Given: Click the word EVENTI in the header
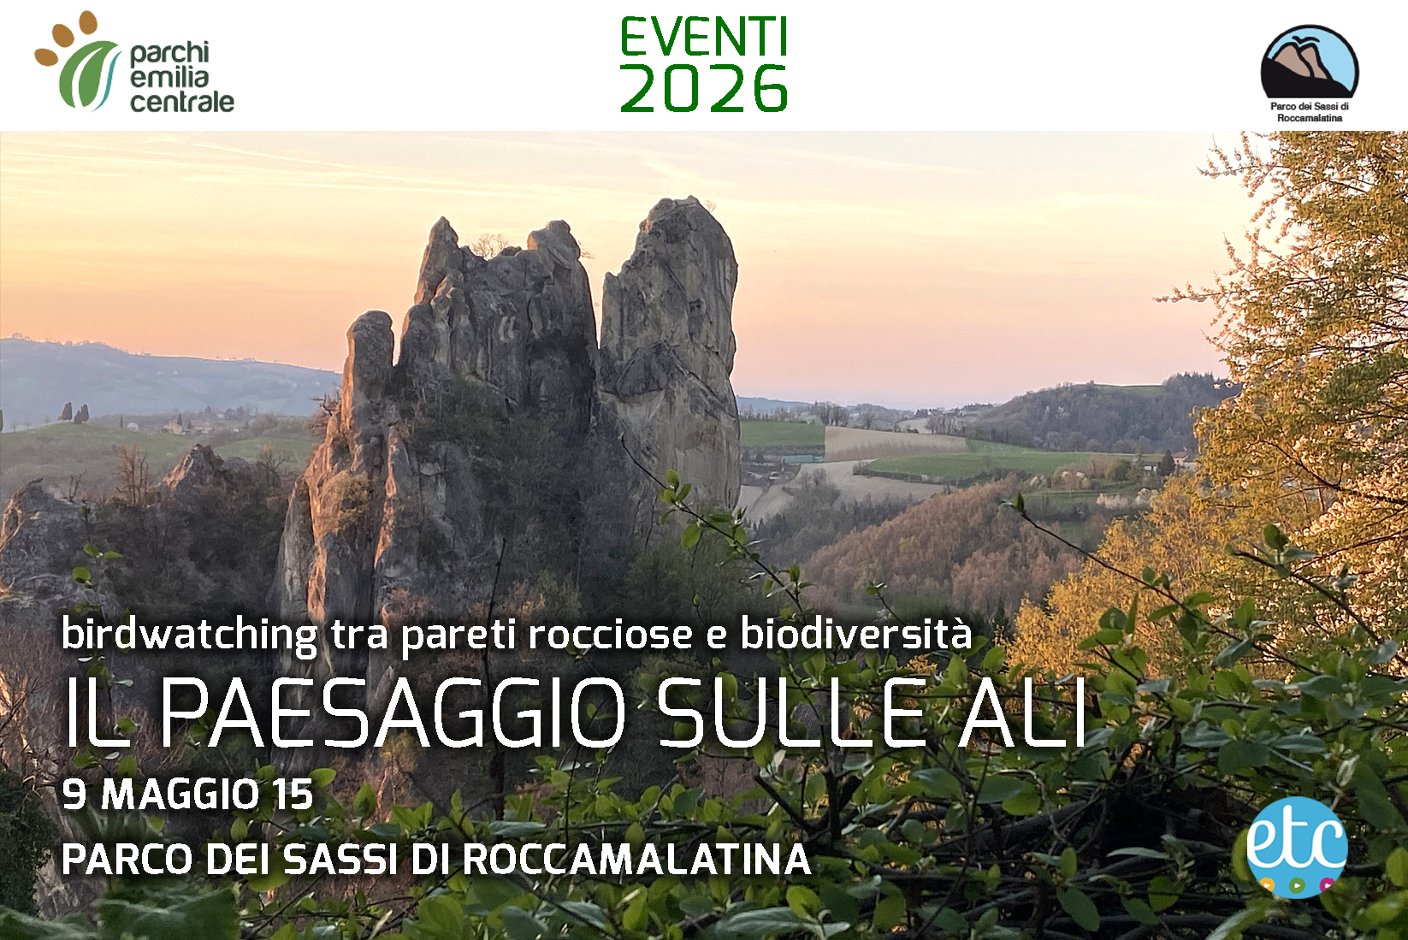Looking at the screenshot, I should pos(703,38).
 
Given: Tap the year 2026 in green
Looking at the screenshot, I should pos(703,89).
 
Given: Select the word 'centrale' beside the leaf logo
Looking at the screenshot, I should pos(181,102).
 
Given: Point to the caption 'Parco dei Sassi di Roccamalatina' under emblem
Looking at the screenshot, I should pos(1309,112).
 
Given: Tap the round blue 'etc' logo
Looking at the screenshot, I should pos(1297,847).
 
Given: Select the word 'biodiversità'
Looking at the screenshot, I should pos(855,634).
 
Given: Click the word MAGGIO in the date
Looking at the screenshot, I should pos(180,795).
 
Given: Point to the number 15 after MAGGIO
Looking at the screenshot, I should pos(293,795).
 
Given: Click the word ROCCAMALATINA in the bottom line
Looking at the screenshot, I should pos(636,860).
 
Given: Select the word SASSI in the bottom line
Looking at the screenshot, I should pos(341,860).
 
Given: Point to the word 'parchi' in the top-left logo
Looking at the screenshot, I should pos(169,54).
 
